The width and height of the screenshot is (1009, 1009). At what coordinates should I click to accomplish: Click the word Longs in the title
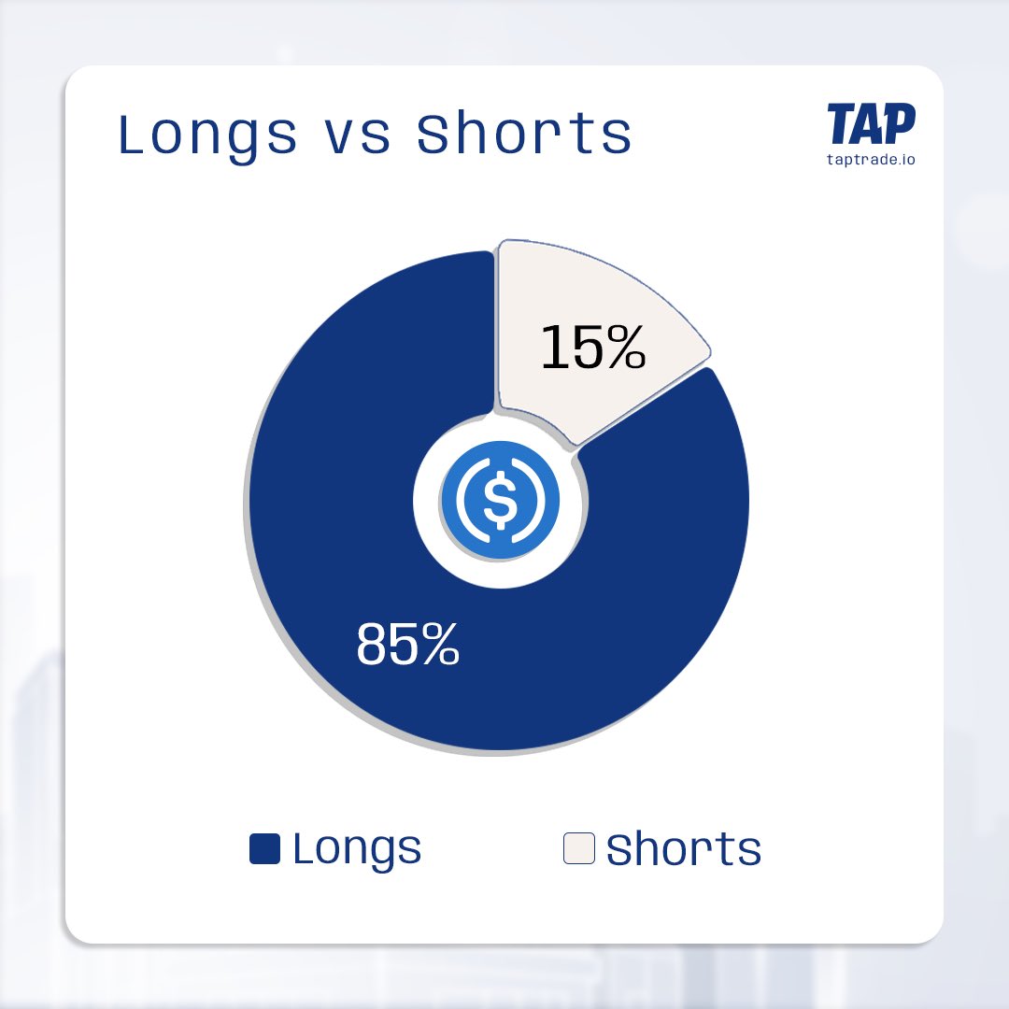[207, 135]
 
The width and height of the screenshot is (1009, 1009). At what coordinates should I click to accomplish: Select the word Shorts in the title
[524, 135]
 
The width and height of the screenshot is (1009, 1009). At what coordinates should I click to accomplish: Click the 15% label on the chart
[593, 348]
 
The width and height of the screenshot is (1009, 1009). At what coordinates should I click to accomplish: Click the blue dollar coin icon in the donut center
[500, 500]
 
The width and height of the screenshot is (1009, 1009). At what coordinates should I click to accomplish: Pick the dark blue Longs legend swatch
[264, 849]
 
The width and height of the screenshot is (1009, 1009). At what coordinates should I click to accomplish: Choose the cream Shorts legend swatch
[578, 849]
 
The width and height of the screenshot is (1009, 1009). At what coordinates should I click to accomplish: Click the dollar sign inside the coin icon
[500, 500]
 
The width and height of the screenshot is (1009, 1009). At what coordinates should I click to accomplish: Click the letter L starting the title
[132, 135]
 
